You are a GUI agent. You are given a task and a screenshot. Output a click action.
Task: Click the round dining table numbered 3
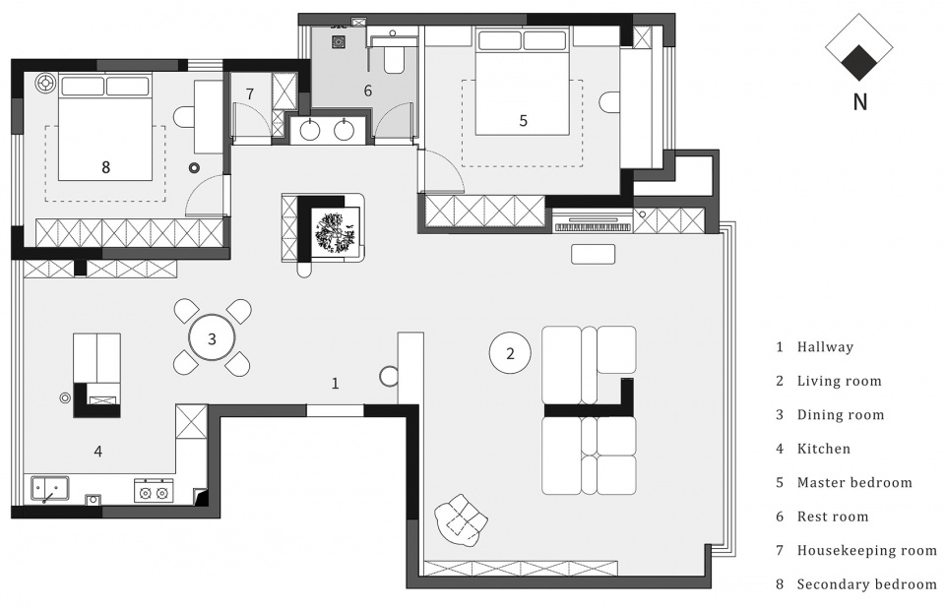pyautogui.click(x=212, y=338)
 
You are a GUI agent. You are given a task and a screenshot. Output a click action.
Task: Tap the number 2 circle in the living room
pyautogui.click(x=510, y=353)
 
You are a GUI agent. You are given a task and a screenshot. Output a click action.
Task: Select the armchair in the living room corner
pyautogui.click(x=461, y=518)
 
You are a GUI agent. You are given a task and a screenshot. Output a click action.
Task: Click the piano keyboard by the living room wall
pyautogui.click(x=593, y=226)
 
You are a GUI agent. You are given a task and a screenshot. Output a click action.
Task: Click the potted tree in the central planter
pyautogui.click(x=335, y=232)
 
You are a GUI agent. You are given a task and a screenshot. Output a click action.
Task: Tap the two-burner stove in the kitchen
pyautogui.click(x=154, y=491)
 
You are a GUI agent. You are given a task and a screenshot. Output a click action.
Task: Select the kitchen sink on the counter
pyautogui.click(x=49, y=489)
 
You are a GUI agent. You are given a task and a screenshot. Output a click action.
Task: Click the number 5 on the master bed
pyautogui.click(x=523, y=121)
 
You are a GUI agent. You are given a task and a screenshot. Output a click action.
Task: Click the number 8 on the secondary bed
pyautogui.click(x=105, y=167)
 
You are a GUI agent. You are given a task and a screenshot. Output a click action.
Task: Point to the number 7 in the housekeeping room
pyautogui.click(x=249, y=94)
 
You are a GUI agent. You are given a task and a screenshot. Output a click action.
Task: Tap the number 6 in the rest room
pyautogui.click(x=367, y=91)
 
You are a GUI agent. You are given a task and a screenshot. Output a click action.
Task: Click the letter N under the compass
pyautogui.click(x=860, y=102)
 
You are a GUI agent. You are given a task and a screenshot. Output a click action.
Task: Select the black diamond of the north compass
pyautogui.click(x=859, y=63)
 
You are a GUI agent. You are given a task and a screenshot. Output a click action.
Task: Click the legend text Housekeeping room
pyautogui.click(x=866, y=550)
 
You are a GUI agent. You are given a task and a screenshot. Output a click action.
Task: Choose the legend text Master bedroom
pyautogui.click(x=854, y=482)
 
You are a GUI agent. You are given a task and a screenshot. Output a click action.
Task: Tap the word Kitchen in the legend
pyautogui.click(x=823, y=449)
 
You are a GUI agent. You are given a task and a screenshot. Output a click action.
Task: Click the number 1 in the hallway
pyautogui.click(x=335, y=384)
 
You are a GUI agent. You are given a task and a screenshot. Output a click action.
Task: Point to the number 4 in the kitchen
pyautogui.click(x=97, y=451)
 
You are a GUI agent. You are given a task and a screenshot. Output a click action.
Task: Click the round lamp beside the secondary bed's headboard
pyautogui.click(x=45, y=83)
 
